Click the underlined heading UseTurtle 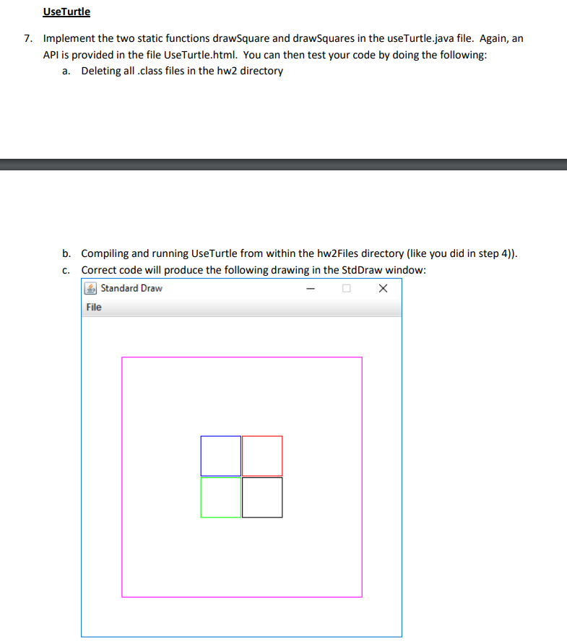click(66, 12)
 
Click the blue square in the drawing click(221, 455)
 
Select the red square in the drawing click(262, 455)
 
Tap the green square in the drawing click(221, 497)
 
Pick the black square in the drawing click(262, 497)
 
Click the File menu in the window click(94, 308)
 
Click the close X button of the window click(383, 289)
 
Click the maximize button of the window click(346, 289)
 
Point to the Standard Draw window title click(131, 289)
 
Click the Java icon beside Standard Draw click(91, 289)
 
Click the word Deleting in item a click(101, 71)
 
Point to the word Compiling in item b click(105, 253)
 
